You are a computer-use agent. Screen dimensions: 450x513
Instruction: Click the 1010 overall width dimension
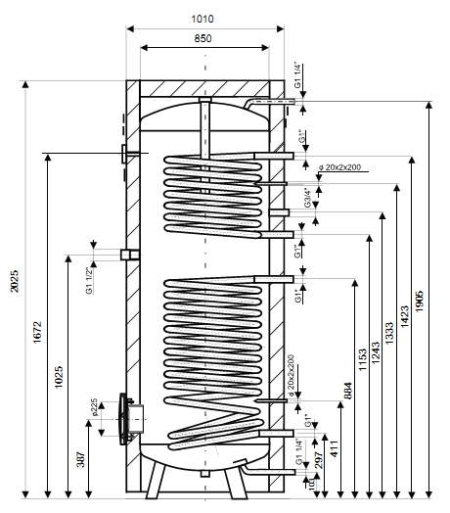pos(202,19)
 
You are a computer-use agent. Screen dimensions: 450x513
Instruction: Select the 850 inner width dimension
pos(202,38)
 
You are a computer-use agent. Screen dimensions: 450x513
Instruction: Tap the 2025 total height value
pos(15,281)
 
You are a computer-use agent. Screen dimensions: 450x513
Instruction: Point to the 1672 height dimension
pos(37,332)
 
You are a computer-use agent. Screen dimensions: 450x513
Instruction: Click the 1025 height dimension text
pos(59,377)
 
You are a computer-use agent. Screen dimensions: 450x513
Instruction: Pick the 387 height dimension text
pos(81,459)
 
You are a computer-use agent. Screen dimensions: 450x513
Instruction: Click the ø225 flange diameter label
pos(94,407)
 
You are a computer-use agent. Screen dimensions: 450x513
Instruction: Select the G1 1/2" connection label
pos(90,281)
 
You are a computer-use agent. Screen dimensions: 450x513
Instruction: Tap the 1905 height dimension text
pos(420,301)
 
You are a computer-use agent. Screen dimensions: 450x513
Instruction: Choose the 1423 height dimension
pos(405,316)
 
